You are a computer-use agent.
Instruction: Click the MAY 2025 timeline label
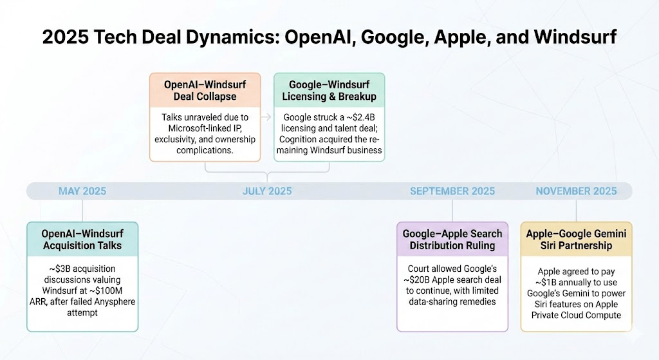[82, 191]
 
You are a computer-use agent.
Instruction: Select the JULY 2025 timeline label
[267, 191]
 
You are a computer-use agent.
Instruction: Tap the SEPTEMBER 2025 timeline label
[452, 191]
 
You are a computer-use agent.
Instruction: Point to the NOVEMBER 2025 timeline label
[576, 191]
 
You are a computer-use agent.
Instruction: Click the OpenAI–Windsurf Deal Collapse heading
[205, 90]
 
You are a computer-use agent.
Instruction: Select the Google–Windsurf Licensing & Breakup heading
[329, 90]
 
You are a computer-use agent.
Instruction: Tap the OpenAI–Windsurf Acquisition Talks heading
[82, 240]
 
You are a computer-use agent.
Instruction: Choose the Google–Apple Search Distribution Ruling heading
[452, 240]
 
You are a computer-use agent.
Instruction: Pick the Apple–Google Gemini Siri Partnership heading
[576, 240]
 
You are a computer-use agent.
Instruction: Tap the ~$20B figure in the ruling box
[416, 280]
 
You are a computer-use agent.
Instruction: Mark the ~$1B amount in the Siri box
[548, 283]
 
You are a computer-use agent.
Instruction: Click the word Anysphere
[115, 301]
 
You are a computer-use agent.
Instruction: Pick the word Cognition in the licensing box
[300, 139]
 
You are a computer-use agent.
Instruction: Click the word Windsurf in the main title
[575, 37]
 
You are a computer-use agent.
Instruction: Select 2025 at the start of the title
[65, 37]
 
